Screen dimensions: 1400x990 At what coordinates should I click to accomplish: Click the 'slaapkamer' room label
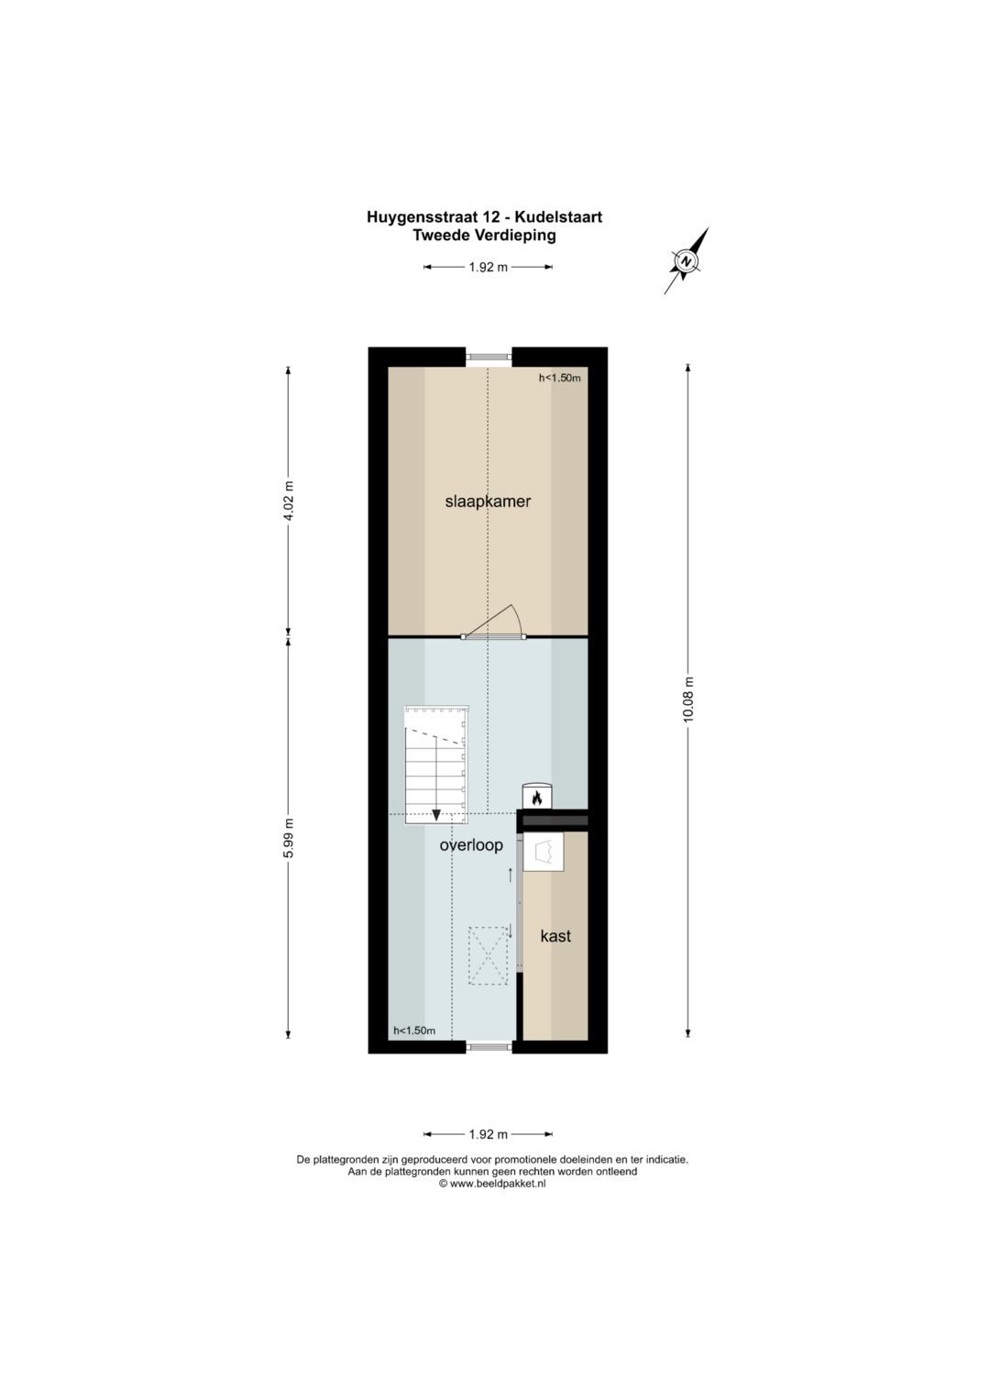click(488, 502)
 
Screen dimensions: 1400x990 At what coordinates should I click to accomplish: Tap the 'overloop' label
click(471, 845)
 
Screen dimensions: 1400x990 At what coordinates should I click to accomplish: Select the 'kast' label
click(555, 936)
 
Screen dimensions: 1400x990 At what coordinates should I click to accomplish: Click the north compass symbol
click(686, 261)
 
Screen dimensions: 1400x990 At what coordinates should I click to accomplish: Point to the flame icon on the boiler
click(537, 799)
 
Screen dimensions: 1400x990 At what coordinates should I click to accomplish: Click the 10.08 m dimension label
click(688, 700)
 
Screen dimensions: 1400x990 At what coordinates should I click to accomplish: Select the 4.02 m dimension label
click(289, 502)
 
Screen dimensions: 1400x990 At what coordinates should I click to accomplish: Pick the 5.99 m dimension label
click(289, 838)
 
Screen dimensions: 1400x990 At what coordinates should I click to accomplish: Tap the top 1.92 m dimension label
click(488, 268)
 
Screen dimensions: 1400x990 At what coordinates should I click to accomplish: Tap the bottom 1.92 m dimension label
click(488, 1135)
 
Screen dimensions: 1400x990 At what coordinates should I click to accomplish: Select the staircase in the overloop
click(437, 764)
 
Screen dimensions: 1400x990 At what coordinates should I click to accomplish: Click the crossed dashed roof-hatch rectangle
click(489, 956)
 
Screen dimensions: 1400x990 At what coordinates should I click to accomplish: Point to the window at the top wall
click(488, 357)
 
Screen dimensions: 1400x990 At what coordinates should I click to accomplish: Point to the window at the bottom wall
click(488, 1046)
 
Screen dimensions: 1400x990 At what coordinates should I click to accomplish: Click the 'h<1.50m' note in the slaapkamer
click(559, 378)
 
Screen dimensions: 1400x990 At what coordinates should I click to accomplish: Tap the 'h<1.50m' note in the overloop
click(414, 1031)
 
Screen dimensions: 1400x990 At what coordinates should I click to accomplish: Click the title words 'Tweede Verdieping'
click(484, 236)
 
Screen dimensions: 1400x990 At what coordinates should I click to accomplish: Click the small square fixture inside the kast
click(544, 853)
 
